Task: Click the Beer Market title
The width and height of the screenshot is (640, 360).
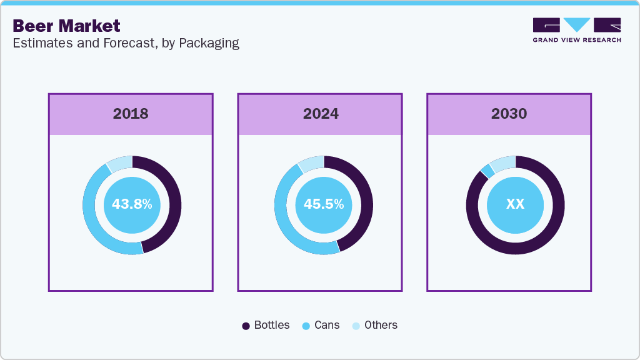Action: tap(66, 26)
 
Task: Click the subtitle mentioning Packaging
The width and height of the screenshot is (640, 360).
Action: tap(126, 43)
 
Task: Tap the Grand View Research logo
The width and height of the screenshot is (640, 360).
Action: tap(577, 30)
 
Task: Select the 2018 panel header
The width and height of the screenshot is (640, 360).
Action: tap(131, 114)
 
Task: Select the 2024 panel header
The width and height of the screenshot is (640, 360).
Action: tap(320, 114)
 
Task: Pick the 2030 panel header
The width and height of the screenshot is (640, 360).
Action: tap(509, 114)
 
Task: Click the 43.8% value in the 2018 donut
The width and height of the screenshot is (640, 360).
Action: tap(132, 204)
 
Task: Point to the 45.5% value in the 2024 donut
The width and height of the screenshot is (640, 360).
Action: tap(323, 204)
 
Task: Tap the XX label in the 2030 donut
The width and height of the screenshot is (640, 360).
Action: tap(515, 204)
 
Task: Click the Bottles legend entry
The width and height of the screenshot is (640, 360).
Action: tap(266, 326)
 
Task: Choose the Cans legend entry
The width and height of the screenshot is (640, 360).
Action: tap(321, 326)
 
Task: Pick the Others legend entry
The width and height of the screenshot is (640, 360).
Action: tap(374, 326)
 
